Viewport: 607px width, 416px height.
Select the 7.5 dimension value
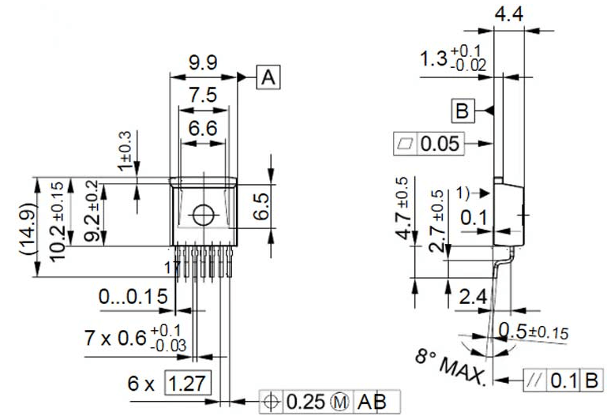pyautogui.click(x=203, y=96)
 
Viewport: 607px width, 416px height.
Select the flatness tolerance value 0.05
pyautogui.click(x=440, y=144)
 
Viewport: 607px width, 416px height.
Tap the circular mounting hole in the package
pyautogui.click(x=203, y=214)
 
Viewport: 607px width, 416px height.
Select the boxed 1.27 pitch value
pyautogui.click(x=188, y=384)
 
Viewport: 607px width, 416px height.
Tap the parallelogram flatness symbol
pyautogui.click(x=406, y=144)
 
